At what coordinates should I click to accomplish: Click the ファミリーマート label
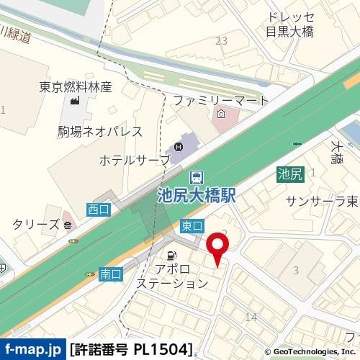tap(220, 99)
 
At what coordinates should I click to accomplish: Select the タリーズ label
tap(35, 224)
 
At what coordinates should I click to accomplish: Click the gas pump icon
tap(173, 254)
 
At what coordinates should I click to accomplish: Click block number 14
tap(251, 317)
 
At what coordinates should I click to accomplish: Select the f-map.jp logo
tap(33, 350)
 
